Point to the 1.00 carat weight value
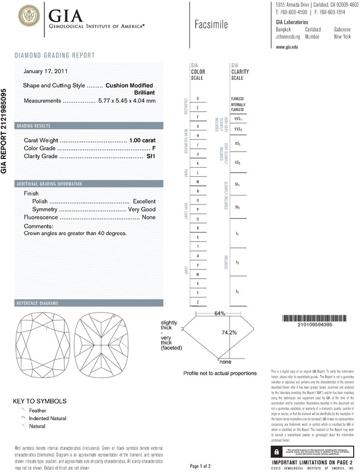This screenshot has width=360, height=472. point(142,140)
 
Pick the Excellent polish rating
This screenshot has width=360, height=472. point(144,202)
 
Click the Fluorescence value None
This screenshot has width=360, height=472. point(149,218)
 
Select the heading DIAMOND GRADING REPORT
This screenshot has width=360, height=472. point(55,55)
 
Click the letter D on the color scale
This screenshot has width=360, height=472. point(198,99)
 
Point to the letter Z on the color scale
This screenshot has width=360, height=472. point(198,302)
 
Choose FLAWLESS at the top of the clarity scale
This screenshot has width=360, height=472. point(238,99)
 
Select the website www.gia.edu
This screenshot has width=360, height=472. point(287,47)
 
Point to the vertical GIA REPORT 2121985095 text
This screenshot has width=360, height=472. point(5,131)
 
